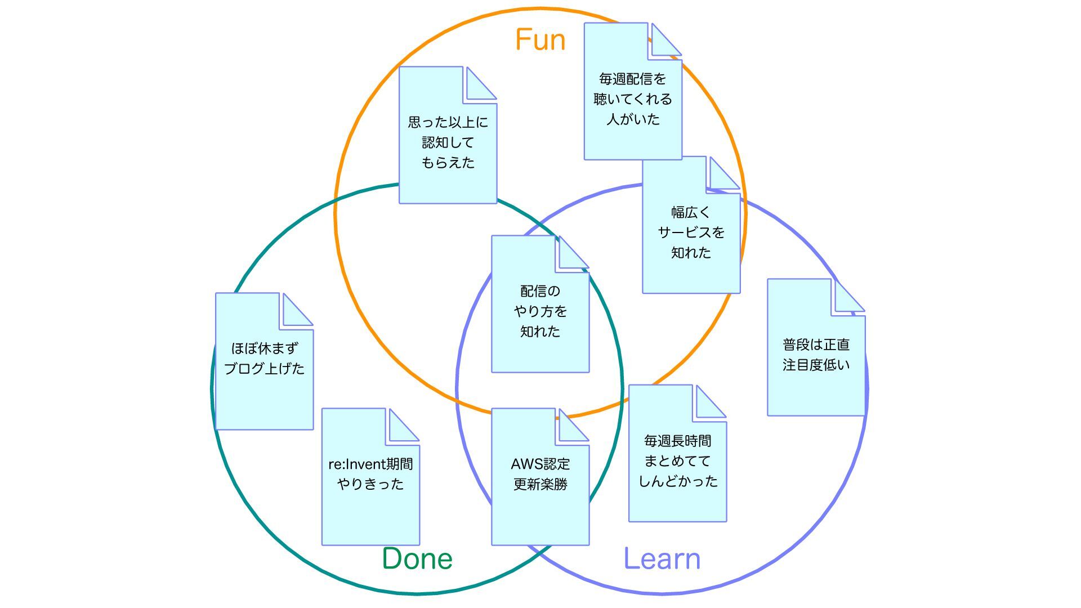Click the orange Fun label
540,40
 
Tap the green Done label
417,558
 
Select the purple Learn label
662,558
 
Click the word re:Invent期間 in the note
370,464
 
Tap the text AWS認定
540,464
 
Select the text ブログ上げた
264,369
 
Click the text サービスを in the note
691,233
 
